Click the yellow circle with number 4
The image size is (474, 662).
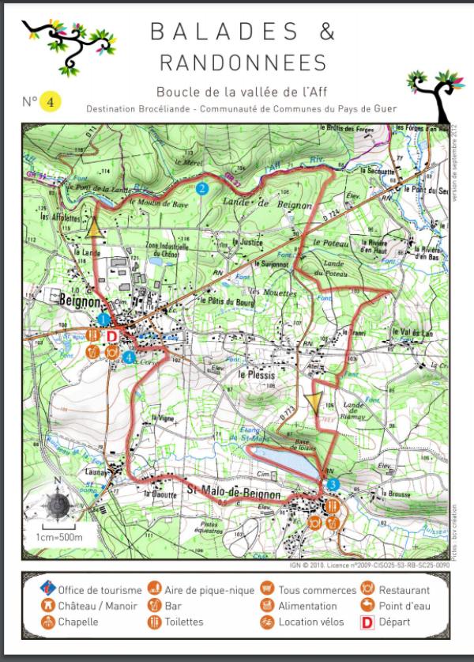coord(50,102)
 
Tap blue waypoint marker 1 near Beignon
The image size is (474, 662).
coord(103,319)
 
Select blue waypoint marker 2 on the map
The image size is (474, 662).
coord(202,188)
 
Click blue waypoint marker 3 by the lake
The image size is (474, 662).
coord(333,484)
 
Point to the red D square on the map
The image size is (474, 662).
coord(111,336)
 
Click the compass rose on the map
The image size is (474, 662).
coord(57,503)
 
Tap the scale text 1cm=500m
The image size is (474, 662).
coord(59,537)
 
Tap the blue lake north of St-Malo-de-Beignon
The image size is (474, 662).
coord(286,460)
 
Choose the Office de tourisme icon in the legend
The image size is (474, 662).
coord(48,589)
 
